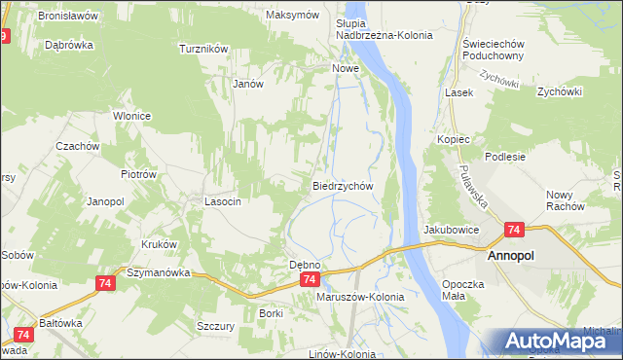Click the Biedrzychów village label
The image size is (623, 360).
(x=343, y=185)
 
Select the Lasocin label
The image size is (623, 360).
(x=222, y=201)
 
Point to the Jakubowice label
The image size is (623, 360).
(x=450, y=230)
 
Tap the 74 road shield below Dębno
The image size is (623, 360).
(x=308, y=279)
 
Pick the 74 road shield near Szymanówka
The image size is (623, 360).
(x=105, y=283)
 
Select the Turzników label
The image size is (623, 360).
(x=203, y=49)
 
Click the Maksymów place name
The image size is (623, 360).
(x=293, y=16)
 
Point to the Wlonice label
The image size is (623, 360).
(x=131, y=116)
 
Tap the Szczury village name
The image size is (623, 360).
(x=215, y=327)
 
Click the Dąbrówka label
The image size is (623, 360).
(x=68, y=45)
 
